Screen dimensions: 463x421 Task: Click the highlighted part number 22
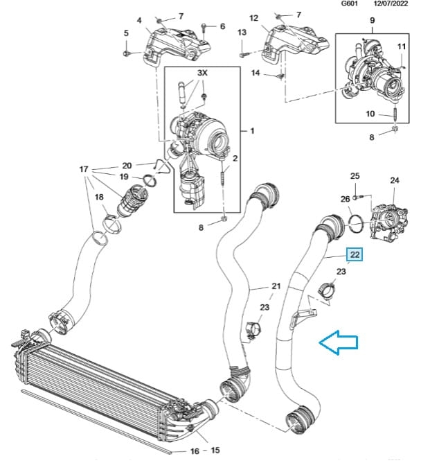(x=355, y=256)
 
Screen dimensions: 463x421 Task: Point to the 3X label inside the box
(x=202, y=73)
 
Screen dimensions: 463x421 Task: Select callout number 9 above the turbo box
(x=372, y=20)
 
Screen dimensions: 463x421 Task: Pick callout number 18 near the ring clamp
(x=99, y=198)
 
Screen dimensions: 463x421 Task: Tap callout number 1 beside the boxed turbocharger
(x=252, y=131)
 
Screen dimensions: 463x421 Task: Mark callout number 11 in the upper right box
(x=402, y=46)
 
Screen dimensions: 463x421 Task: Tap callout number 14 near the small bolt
(x=255, y=72)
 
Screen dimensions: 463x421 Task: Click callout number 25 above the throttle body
(x=355, y=177)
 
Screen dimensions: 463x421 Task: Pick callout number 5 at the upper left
(x=126, y=33)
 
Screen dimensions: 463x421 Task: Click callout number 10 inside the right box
(x=370, y=113)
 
